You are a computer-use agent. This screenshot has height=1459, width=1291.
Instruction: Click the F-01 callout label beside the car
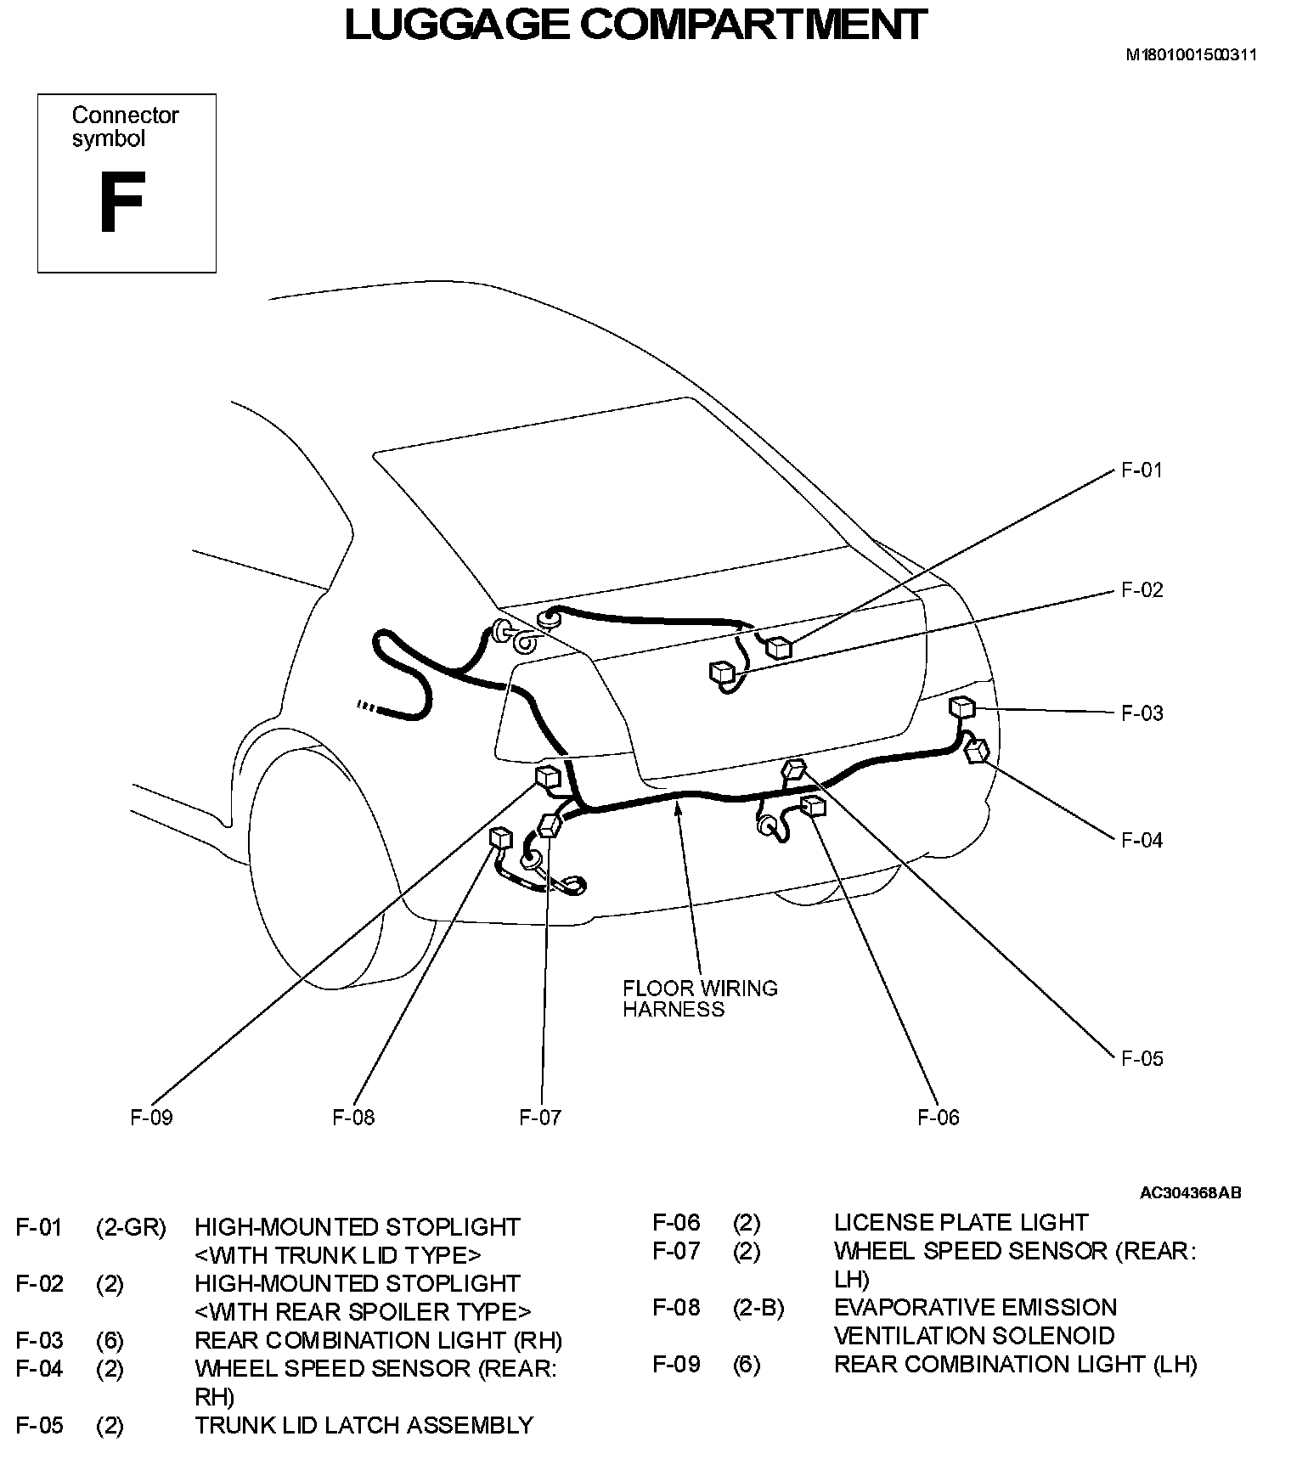coord(1142,470)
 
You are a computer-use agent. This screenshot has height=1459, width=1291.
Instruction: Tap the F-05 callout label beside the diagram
coord(1142,1058)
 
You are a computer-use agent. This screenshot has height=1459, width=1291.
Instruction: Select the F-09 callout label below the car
coord(151,1117)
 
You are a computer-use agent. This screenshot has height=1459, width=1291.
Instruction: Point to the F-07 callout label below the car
coord(540,1117)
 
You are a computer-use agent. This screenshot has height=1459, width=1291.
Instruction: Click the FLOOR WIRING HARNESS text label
coord(700,999)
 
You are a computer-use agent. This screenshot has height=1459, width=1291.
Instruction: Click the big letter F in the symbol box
coord(121,204)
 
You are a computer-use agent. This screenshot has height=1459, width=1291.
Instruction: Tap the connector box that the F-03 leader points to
coord(961,707)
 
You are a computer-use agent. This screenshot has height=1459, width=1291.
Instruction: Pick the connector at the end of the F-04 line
coord(978,750)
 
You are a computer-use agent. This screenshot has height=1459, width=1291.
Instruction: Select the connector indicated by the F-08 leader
coord(501,838)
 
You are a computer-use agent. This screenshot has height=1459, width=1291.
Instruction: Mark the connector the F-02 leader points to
coord(722,672)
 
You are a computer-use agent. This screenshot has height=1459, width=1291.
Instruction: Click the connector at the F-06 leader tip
coord(813,805)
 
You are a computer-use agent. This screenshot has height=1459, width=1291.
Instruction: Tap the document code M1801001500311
coord(1191,55)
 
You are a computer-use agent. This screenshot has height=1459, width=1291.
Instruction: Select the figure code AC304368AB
coord(1190,1192)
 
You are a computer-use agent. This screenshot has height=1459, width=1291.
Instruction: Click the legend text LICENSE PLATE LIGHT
coord(960,1222)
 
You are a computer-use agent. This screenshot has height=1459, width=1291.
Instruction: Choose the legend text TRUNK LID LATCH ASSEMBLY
coord(364,1425)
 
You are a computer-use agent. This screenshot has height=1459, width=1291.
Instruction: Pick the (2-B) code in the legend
coord(758,1308)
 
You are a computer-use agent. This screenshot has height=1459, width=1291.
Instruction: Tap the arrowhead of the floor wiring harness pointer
coord(677,804)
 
